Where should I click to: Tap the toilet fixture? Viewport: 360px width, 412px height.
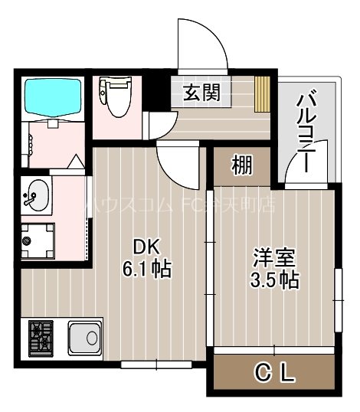pyautogui.click(x=118, y=101)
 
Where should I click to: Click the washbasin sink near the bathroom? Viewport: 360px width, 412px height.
pyautogui.click(x=36, y=196)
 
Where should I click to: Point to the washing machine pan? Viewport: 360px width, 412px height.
pyautogui.click(x=38, y=240)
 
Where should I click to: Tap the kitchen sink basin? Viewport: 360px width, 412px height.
pyautogui.click(x=83, y=336)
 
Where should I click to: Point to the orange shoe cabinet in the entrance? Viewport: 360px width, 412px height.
pyautogui.click(x=263, y=93)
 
